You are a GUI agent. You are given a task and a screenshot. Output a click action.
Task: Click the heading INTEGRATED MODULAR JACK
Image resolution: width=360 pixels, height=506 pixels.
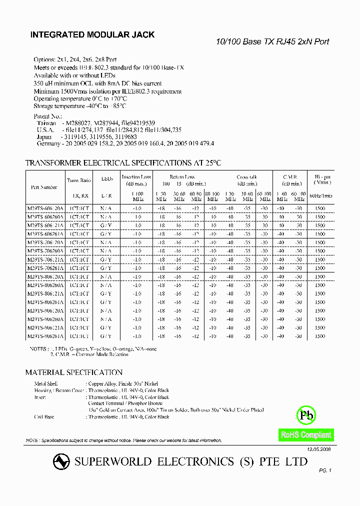click(92, 35)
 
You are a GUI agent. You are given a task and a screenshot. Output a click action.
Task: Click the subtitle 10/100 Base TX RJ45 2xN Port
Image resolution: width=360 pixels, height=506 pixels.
click(272, 42)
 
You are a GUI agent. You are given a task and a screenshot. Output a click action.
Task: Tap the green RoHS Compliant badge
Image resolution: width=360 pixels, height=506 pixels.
click(306, 434)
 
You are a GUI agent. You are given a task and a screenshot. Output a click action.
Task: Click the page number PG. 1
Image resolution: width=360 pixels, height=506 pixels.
click(325, 470)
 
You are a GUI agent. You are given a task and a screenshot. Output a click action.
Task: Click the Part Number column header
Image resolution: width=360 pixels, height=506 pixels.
click(44, 187)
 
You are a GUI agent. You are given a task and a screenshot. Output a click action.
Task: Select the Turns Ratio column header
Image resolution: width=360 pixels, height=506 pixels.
click(79, 179)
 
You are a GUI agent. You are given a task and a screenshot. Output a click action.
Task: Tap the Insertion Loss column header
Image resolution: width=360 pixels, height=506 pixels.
click(136, 179)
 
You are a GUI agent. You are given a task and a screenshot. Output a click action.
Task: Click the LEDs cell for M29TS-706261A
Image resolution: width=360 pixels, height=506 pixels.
click(105, 267)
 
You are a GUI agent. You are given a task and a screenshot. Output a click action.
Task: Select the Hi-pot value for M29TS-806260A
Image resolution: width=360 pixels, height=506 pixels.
click(320, 284)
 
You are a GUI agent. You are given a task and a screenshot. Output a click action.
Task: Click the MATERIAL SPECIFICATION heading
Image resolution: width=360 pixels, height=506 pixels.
click(74, 372)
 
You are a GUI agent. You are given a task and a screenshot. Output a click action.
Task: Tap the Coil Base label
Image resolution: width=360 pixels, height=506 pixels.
click(44, 416)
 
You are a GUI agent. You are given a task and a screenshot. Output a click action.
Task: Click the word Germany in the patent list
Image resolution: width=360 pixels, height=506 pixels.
click(48, 143)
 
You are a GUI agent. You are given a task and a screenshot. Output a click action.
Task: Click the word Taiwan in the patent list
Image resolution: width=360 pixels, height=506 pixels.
click(46, 122)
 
